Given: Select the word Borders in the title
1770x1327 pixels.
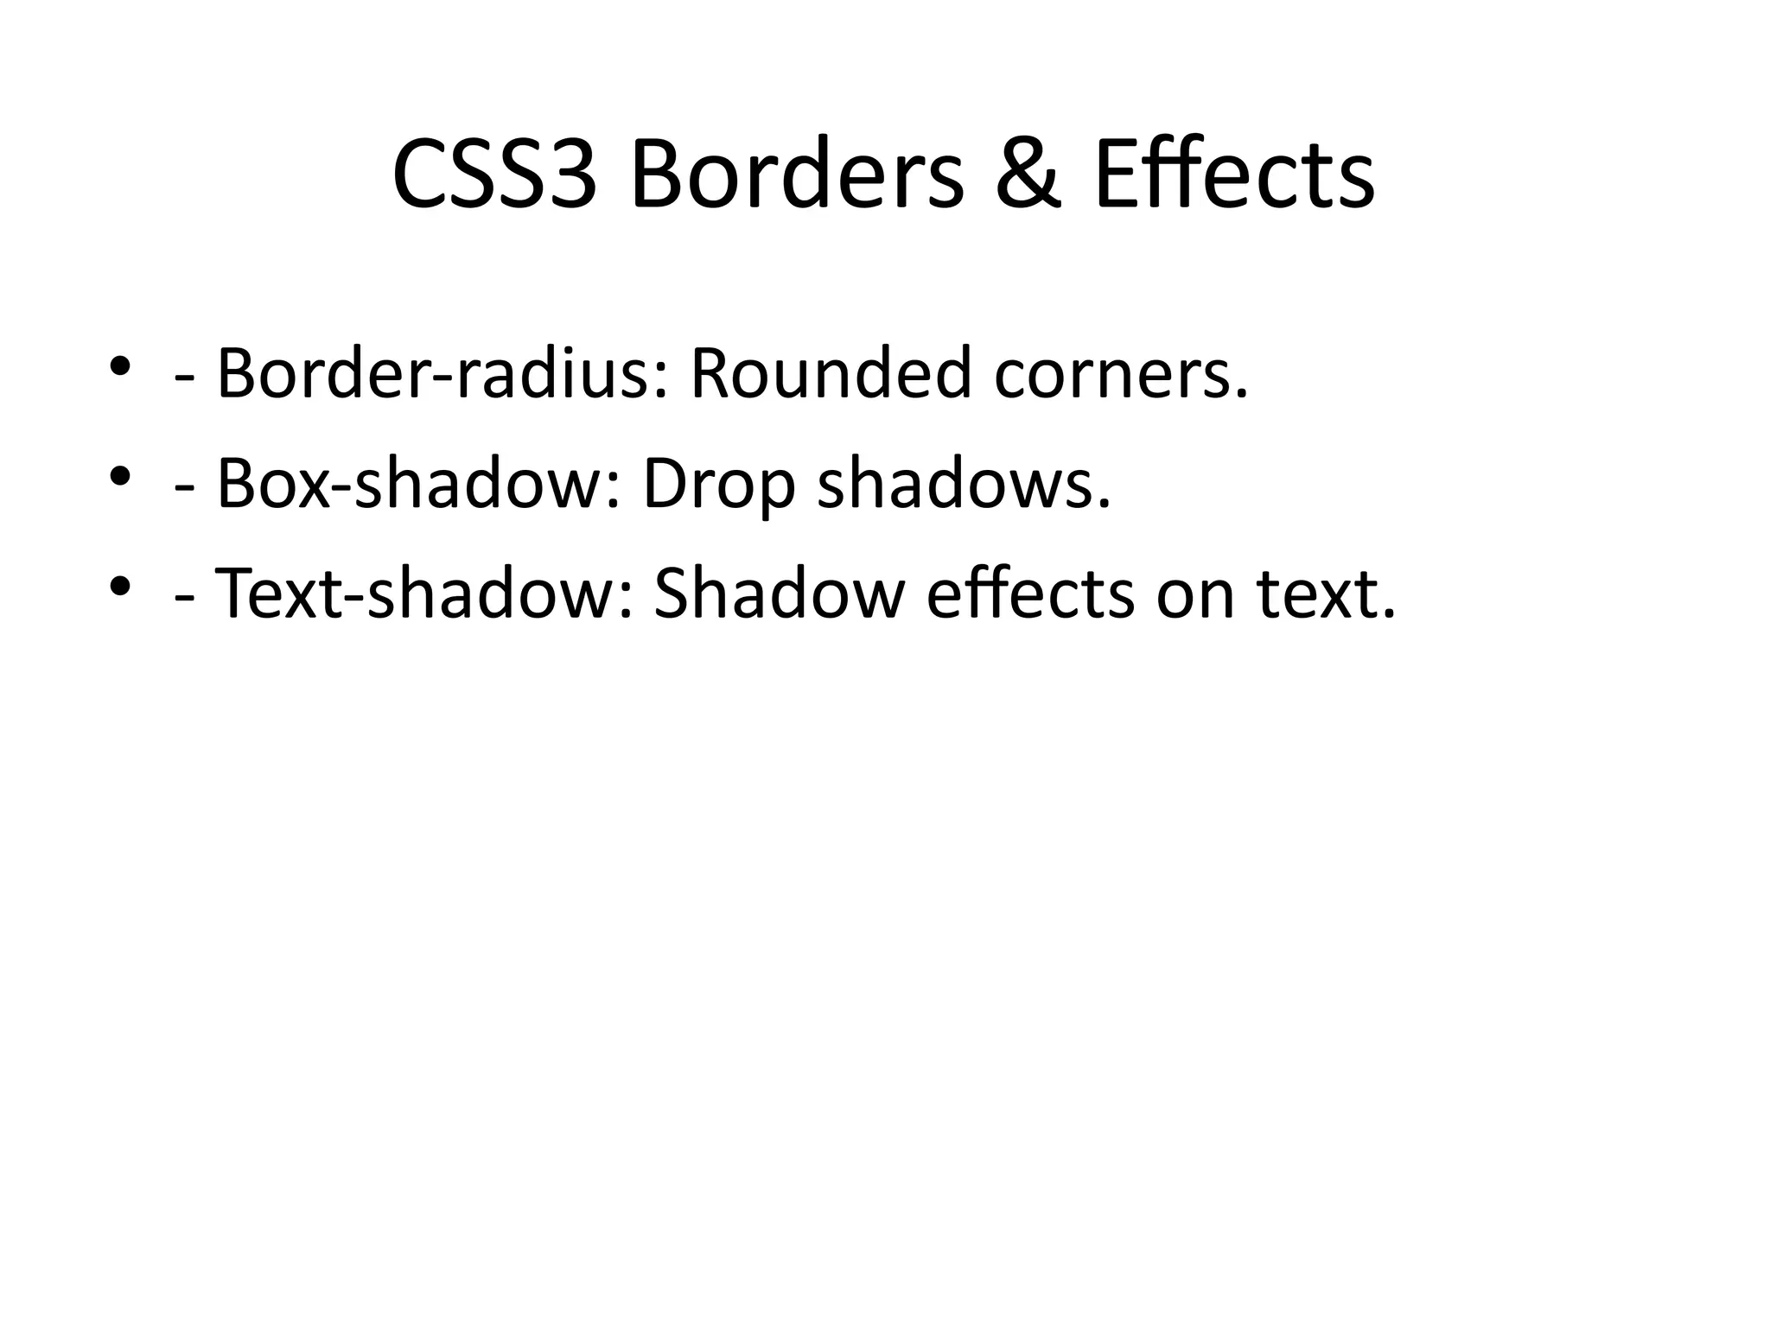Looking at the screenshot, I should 796,176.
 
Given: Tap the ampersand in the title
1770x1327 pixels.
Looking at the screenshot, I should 1028,176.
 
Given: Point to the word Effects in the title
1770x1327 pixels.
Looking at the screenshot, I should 1234,176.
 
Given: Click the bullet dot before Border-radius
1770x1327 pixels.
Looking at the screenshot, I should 120,365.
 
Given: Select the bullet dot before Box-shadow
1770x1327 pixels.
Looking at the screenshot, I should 120,474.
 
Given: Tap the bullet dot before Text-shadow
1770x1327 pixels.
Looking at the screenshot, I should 120,585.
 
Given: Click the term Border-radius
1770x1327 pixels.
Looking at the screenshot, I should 442,374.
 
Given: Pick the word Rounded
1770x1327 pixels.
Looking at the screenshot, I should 831,374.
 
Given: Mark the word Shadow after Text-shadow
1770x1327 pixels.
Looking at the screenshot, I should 779,595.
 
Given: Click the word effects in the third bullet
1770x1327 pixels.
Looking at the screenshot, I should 1030,595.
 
